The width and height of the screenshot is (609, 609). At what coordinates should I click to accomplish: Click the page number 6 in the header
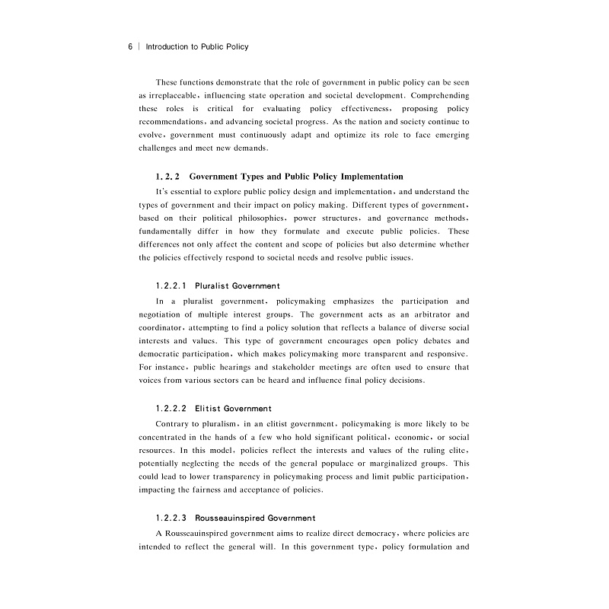point(130,46)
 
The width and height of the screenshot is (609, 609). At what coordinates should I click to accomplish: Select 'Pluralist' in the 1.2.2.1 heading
point(213,286)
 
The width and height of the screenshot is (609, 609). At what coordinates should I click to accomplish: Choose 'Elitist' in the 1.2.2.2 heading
point(209,409)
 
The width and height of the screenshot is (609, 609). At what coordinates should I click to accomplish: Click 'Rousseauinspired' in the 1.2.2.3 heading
point(229,518)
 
